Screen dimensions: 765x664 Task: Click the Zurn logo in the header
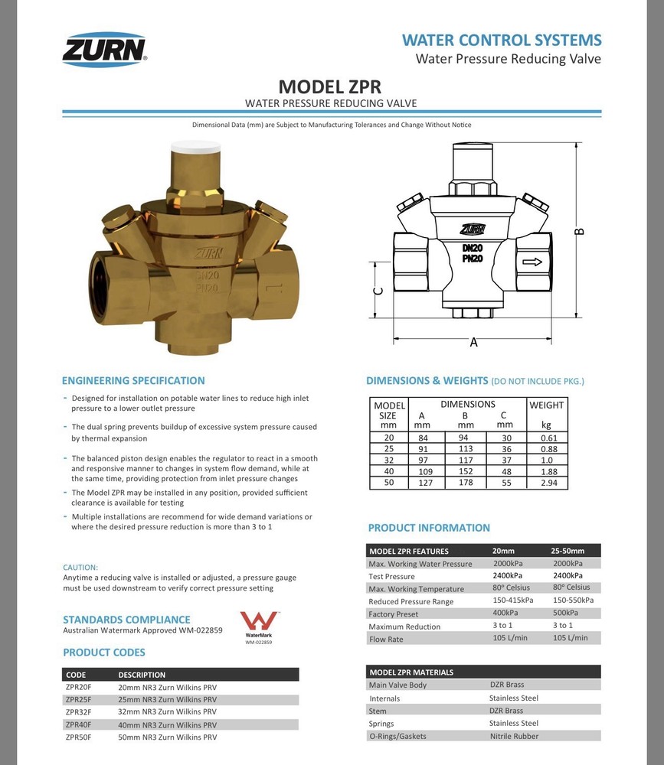pyautogui.click(x=104, y=49)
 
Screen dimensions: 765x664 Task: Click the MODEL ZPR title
pyautogui.click(x=329, y=86)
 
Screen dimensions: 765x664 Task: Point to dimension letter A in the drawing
pyautogui.click(x=473, y=343)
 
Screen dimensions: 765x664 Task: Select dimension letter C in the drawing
pyautogui.click(x=378, y=291)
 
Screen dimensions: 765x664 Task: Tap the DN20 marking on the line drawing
pyautogui.click(x=472, y=248)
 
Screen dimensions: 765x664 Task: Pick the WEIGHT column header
pyautogui.click(x=546, y=405)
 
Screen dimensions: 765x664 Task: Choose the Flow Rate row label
pyautogui.click(x=386, y=639)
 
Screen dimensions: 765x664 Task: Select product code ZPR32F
pyautogui.click(x=78, y=711)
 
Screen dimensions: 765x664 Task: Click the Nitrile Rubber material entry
pyautogui.click(x=514, y=736)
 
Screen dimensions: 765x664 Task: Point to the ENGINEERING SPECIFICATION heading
pyautogui.click(x=133, y=380)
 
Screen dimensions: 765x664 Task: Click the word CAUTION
pyautogui.click(x=80, y=567)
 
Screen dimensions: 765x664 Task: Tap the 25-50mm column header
pyautogui.click(x=568, y=551)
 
